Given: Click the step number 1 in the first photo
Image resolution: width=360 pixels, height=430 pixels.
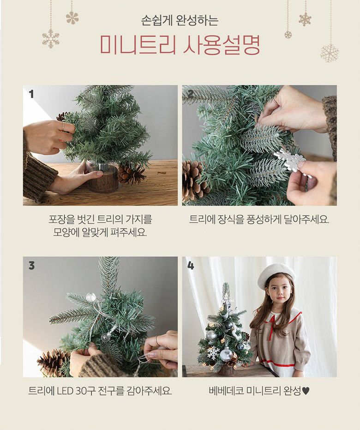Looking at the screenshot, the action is coord(31,94).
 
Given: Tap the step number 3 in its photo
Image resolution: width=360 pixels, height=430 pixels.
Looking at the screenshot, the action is coord(31,266).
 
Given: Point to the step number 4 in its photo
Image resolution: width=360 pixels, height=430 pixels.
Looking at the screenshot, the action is coord(191,266).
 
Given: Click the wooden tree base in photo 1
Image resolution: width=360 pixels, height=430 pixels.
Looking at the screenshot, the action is coord(103,178).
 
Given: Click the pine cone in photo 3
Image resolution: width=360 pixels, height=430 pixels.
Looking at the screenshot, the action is coord(54,362).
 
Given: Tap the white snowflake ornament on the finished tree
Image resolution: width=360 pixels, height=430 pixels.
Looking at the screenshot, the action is coord(213,353).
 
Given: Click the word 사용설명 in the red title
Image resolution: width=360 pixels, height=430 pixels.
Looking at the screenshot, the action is coord(222,45).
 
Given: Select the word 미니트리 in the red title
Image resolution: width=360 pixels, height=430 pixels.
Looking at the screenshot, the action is coord(138,45).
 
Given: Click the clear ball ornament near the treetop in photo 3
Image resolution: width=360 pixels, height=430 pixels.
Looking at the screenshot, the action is coord(90,297).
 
